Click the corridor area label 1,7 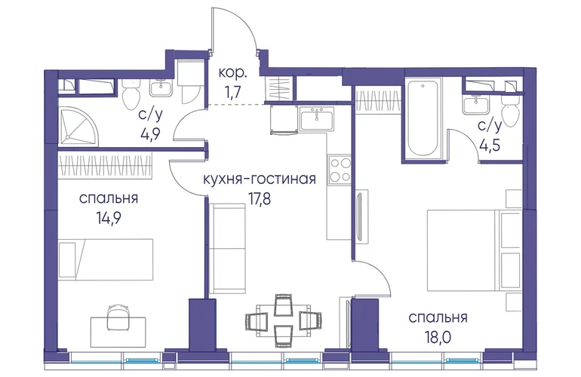pyautogui.click(x=232, y=90)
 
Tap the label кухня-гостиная pyautogui.click(x=260, y=179)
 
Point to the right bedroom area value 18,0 pyautogui.click(x=438, y=338)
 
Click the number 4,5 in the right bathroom pyautogui.click(x=489, y=145)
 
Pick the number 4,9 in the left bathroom pyautogui.click(x=149, y=133)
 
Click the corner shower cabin pyautogui.click(x=79, y=124)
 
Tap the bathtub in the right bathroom pyautogui.click(x=422, y=118)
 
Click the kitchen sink pyautogui.click(x=317, y=118)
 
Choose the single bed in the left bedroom pyautogui.click(x=106, y=259)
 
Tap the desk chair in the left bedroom pyautogui.click(x=118, y=317)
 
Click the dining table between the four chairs pyautogui.click(x=284, y=318)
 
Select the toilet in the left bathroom pyautogui.click(x=130, y=94)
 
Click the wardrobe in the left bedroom pyautogui.click(x=105, y=165)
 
